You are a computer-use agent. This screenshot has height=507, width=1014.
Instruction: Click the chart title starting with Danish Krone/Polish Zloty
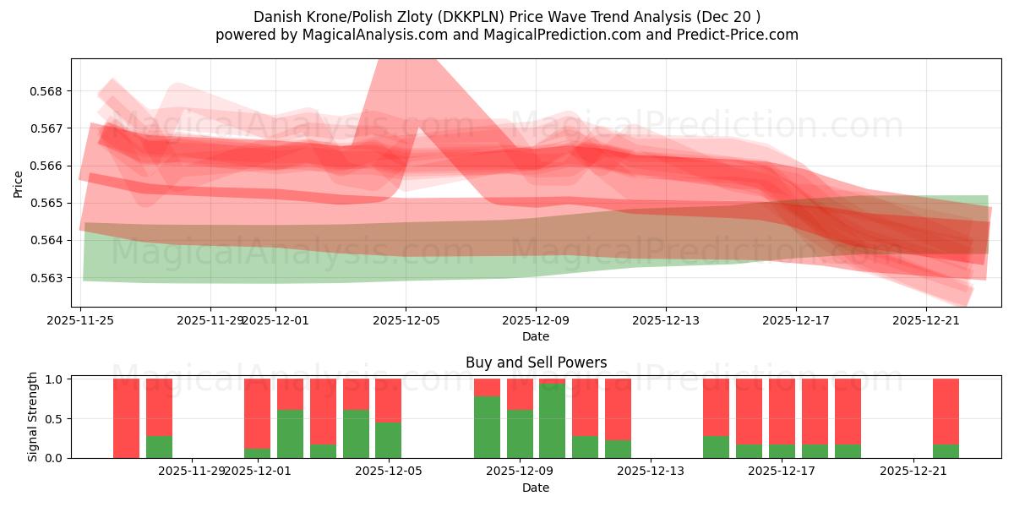click(507, 17)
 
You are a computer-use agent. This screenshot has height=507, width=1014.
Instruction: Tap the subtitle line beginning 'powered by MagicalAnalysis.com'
click(507, 35)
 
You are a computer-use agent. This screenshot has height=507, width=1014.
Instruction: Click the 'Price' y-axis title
click(19, 184)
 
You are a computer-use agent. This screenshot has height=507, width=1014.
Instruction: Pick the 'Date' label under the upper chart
click(536, 336)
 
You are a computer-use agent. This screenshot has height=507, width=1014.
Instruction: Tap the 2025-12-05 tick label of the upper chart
click(406, 320)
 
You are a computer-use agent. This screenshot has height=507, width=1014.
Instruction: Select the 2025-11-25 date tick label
click(81, 320)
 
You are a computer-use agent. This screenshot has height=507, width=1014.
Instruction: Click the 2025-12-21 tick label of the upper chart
click(927, 320)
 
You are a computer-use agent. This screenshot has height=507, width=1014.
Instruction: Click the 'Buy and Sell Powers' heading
click(536, 363)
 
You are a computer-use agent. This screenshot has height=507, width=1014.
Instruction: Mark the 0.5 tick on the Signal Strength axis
click(52, 419)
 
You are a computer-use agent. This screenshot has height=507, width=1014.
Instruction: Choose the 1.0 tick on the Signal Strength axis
click(52, 379)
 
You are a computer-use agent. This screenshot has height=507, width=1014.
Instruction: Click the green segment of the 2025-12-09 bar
click(520, 433)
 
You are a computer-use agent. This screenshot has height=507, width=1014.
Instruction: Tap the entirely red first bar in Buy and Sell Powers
click(126, 418)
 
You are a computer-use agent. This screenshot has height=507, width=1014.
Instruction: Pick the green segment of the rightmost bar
click(946, 451)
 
